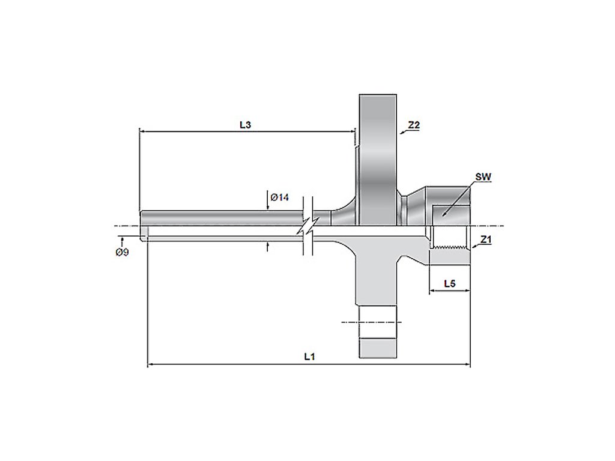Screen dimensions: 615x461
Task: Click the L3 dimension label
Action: pyautogui.click(x=245, y=125)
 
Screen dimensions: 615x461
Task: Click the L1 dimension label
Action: pyautogui.click(x=310, y=357)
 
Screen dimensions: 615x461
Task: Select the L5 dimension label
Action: pyautogui.click(x=450, y=283)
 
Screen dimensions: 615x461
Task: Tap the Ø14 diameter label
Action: pyautogui.click(x=280, y=197)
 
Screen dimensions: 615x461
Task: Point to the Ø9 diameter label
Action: pyautogui.click(x=122, y=253)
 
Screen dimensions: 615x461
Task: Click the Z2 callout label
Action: pyautogui.click(x=414, y=125)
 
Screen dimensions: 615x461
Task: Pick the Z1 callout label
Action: pyautogui.click(x=486, y=239)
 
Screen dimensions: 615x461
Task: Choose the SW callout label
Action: pyautogui.click(x=483, y=177)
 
